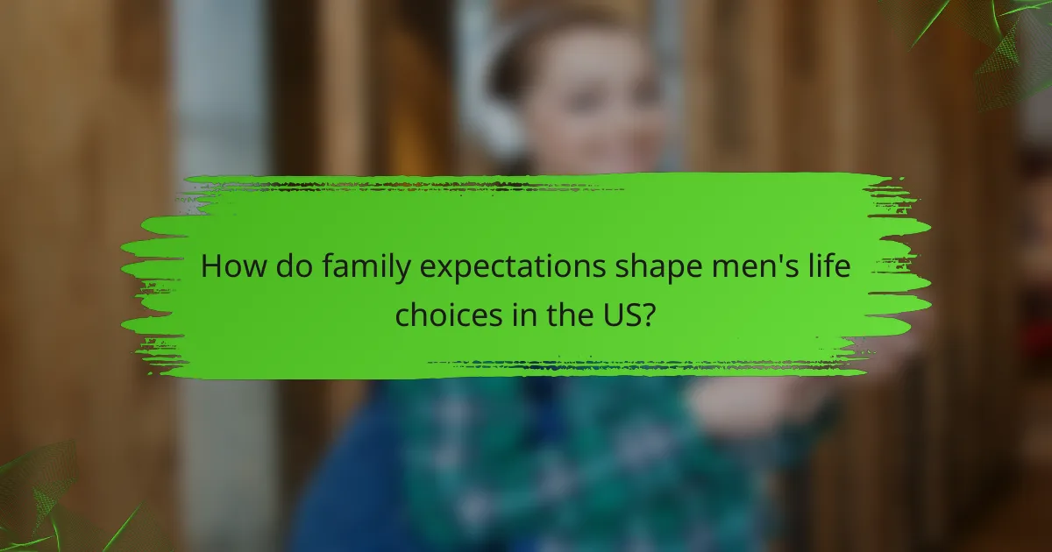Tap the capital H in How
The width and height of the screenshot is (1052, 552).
click(x=211, y=266)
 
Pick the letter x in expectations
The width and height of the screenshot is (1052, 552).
click(x=439, y=268)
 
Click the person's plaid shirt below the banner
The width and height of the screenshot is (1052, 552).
click(x=561, y=456)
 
